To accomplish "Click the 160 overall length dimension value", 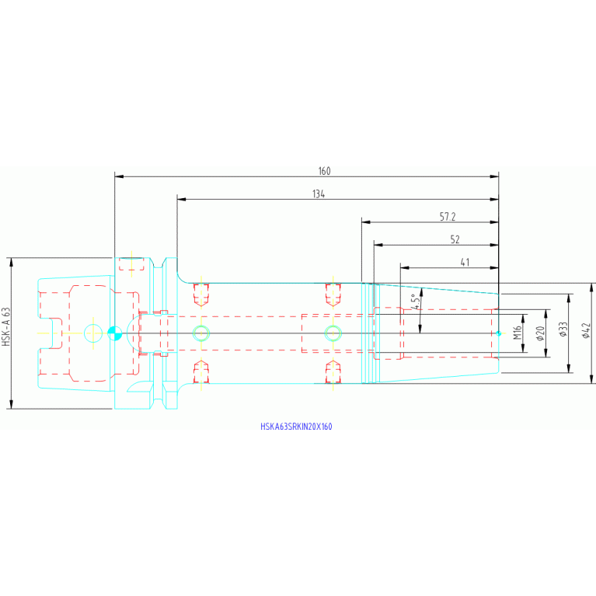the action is [324, 171].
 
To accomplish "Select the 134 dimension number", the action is [319, 193].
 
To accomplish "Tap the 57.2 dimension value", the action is [448, 217].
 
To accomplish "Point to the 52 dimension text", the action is [455, 239].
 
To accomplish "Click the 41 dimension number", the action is [465, 263].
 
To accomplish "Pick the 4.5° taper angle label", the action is [416, 301].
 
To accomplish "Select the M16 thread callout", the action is [518, 333].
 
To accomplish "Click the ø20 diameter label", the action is [540, 333].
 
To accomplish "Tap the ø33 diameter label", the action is [563, 329].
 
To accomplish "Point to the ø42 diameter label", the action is [586, 330].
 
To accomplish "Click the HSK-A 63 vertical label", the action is [6, 327].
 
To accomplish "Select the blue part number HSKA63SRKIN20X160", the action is [296, 427].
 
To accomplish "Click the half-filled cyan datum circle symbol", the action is [114, 333].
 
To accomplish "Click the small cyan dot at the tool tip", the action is [499, 333].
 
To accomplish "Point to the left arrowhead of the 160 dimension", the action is [119, 176].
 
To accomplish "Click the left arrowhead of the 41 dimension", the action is [405, 267].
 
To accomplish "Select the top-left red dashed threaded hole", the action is [201, 295].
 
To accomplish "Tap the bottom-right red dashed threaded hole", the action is [333, 371].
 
